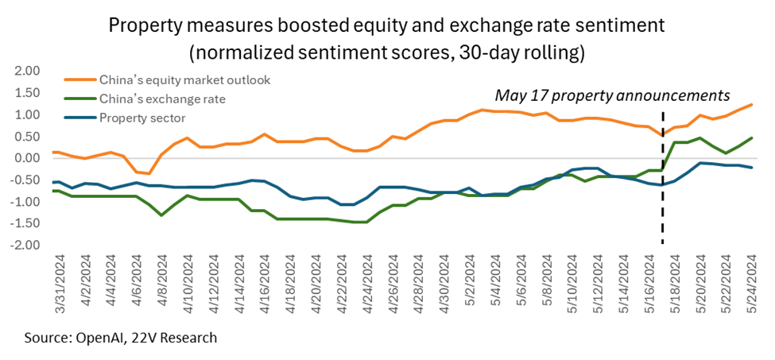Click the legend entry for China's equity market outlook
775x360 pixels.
(185, 79)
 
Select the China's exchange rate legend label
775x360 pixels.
(163, 99)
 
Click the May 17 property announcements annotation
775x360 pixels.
(613, 95)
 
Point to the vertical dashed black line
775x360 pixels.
(662, 178)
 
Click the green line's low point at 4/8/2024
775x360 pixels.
(161, 215)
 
